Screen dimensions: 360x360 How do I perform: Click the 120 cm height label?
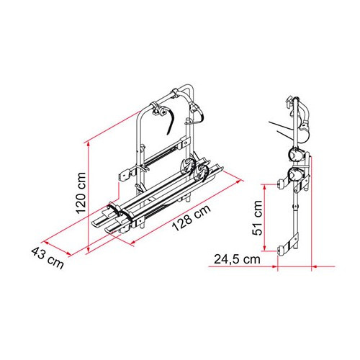(x=81, y=193)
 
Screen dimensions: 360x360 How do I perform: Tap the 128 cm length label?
(x=192, y=217)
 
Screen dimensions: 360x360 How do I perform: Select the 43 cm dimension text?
(x=48, y=258)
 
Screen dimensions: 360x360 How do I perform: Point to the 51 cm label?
(x=257, y=217)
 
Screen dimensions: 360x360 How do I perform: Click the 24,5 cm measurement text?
(x=237, y=259)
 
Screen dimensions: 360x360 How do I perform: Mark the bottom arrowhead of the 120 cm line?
(x=89, y=248)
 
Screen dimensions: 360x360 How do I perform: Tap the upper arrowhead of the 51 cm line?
(x=265, y=187)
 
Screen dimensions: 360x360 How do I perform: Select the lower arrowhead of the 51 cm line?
(x=265, y=248)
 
